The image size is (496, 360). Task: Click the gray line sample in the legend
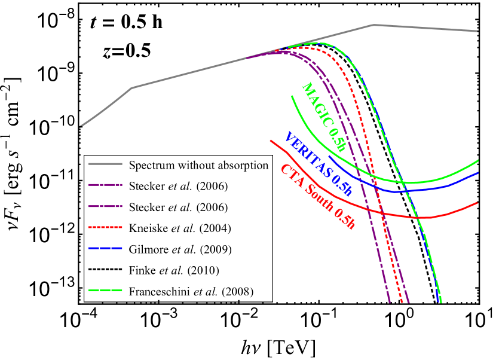(x=105, y=163)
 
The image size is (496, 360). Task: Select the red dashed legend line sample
(x=105, y=227)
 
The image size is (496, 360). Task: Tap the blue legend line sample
(x=105, y=248)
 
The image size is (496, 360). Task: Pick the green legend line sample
(x=105, y=291)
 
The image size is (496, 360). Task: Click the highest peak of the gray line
(x=373, y=25)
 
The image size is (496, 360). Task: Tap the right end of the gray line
(x=478, y=31)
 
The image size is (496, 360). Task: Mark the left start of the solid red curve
(x=271, y=141)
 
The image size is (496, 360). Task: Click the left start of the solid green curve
(x=292, y=96)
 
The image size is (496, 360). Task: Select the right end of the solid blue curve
(x=478, y=173)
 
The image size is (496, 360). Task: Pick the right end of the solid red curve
(x=478, y=203)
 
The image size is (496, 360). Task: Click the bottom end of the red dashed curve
(x=399, y=303)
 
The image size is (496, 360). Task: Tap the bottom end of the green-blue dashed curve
(x=440, y=303)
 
